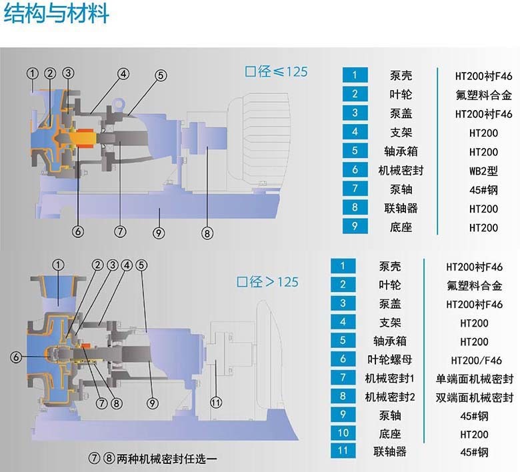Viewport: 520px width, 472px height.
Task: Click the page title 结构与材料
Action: (56, 13)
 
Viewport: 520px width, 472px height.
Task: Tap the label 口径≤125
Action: (276, 71)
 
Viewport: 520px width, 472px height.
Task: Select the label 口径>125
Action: (267, 282)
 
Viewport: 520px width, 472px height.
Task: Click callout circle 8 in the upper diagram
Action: (207, 233)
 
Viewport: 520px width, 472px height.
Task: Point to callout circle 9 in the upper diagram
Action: (159, 233)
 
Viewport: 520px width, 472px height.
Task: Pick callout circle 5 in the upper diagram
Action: (161, 75)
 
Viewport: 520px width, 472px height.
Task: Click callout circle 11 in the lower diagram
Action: (216, 403)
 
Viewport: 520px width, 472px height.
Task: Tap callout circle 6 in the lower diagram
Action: (16, 357)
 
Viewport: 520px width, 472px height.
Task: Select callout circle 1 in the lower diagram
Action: (59, 265)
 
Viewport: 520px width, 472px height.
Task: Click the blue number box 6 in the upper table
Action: (355, 170)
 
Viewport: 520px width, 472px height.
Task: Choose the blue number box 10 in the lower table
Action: (343, 433)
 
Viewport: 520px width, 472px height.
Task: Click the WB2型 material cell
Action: (483, 171)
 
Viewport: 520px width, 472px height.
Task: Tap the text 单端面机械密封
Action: (474, 379)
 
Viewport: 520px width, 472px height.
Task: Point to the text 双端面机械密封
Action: (474, 397)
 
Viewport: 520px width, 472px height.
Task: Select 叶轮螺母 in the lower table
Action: (390, 359)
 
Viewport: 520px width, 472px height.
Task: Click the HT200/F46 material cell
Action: (476, 360)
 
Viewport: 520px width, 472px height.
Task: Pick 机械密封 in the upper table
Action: (401, 171)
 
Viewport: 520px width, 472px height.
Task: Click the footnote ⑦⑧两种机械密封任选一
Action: (153, 459)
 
